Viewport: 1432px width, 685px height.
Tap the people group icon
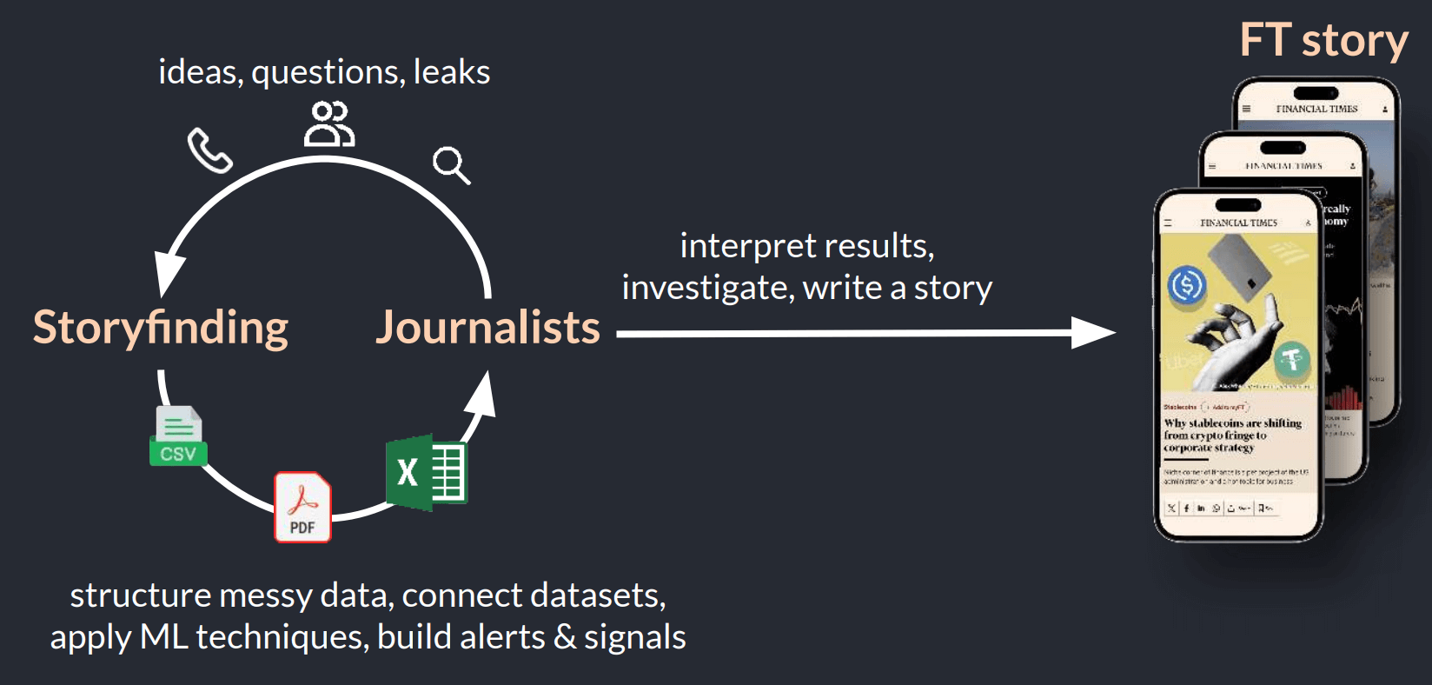(x=329, y=123)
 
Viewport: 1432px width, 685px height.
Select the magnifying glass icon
(x=451, y=164)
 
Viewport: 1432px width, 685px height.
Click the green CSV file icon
(x=178, y=436)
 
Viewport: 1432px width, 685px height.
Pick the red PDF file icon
(x=302, y=508)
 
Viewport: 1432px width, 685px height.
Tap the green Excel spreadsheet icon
(x=427, y=472)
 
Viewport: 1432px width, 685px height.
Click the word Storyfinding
(x=161, y=328)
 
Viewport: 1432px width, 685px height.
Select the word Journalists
(x=487, y=328)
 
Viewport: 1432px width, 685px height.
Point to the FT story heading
(x=1323, y=41)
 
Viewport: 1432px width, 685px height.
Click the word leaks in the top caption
(x=452, y=72)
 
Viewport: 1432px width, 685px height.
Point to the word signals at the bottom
(x=634, y=637)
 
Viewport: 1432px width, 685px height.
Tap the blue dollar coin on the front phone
(x=1187, y=284)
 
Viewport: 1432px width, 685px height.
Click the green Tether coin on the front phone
(x=1292, y=358)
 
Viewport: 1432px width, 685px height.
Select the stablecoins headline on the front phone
(x=1231, y=435)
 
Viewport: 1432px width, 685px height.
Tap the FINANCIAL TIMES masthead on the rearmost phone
(x=1316, y=109)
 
